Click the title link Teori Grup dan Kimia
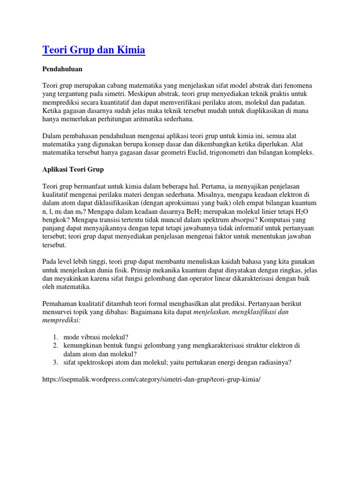94,49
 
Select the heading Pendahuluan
62,69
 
